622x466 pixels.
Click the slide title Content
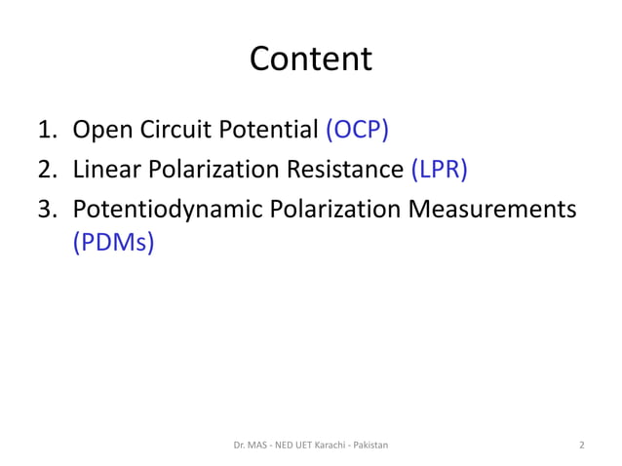click(311, 58)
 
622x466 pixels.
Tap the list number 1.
click(46, 130)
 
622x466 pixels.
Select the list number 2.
click(46, 170)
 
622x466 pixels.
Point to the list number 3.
click(46, 210)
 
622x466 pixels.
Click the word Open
click(100, 130)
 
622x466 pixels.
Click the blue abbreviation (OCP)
click(358, 130)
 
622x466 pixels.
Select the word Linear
click(106, 170)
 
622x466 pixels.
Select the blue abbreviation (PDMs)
click(114, 242)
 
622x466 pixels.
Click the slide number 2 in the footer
click(582, 445)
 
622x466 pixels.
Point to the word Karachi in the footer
click(327, 445)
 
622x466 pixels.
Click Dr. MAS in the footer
click(250, 445)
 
